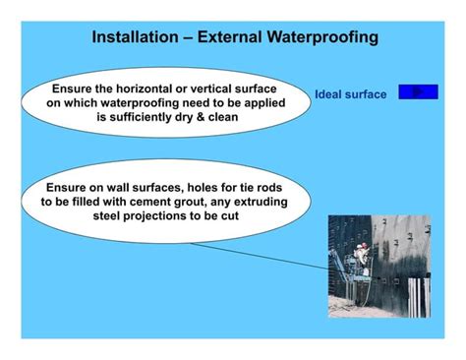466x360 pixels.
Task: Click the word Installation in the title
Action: (x=134, y=37)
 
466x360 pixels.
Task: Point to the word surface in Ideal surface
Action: (x=370, y=95)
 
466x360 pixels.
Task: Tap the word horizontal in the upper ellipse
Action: (x=149, y=89)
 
